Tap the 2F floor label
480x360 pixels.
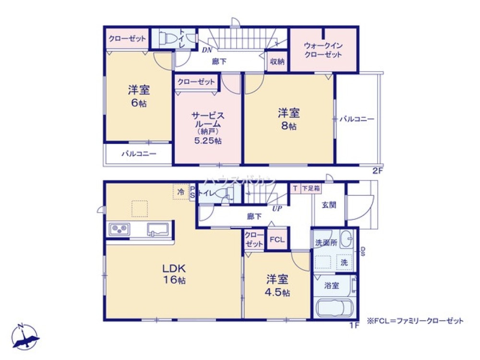pos(378,170)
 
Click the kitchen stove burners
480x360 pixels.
pos(119,229)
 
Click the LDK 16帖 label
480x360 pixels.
pos(173,274)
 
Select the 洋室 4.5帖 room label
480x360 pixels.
pos(277,285)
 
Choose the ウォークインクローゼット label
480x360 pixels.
pos(323,50)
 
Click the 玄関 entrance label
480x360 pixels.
pos(329,205)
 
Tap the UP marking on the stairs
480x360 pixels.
pos(277,208)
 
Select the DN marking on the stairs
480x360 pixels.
pos(207,49)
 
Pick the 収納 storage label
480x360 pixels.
pos(277,61)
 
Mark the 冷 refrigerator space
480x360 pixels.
pos(181,192)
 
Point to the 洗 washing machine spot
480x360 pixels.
pos(344,262)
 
